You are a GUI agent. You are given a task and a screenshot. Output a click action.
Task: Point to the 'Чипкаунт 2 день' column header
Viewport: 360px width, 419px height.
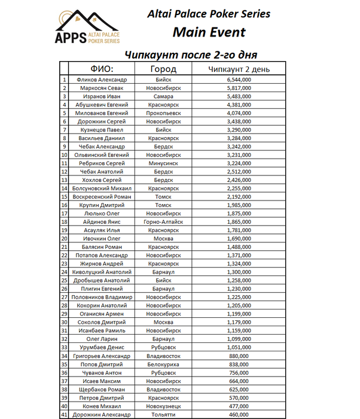(x=239, y=69)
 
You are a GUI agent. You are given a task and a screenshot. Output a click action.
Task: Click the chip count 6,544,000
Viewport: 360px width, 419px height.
(x=239, y=80)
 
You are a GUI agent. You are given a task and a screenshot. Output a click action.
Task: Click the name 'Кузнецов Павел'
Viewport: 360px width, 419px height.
(x=102, y=129)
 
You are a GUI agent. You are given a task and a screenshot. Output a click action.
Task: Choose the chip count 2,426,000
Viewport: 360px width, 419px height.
(x=239, y=180)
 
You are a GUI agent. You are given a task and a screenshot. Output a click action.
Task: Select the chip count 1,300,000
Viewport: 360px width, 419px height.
(x=239, y=272)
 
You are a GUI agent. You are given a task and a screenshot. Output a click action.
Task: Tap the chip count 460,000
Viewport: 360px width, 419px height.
(x=239, y=414)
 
